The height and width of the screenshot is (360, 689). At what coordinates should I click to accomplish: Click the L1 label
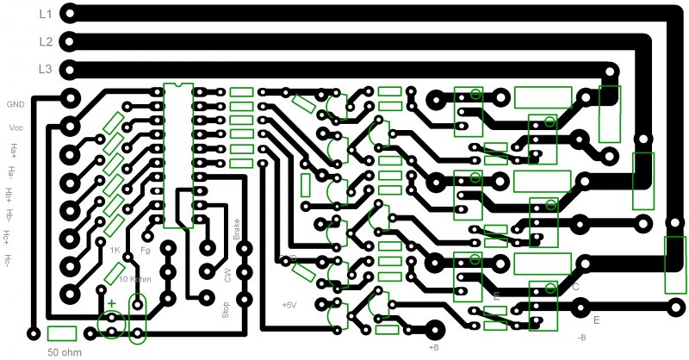coord(46,15)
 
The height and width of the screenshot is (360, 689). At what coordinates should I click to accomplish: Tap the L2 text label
coord(46,41)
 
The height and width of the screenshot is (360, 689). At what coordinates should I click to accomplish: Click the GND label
coord(16,104)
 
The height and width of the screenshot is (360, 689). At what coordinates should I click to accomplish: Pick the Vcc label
coord(16,127)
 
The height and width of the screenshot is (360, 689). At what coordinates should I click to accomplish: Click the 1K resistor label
coord(114,251)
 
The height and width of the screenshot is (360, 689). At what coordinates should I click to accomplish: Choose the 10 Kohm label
coord(135,279)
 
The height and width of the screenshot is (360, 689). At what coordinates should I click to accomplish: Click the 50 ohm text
coord(63,353)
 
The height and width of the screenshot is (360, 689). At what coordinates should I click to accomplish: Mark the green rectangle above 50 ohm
coord(63,333)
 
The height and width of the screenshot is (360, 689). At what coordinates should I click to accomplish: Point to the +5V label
coord(289,305)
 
